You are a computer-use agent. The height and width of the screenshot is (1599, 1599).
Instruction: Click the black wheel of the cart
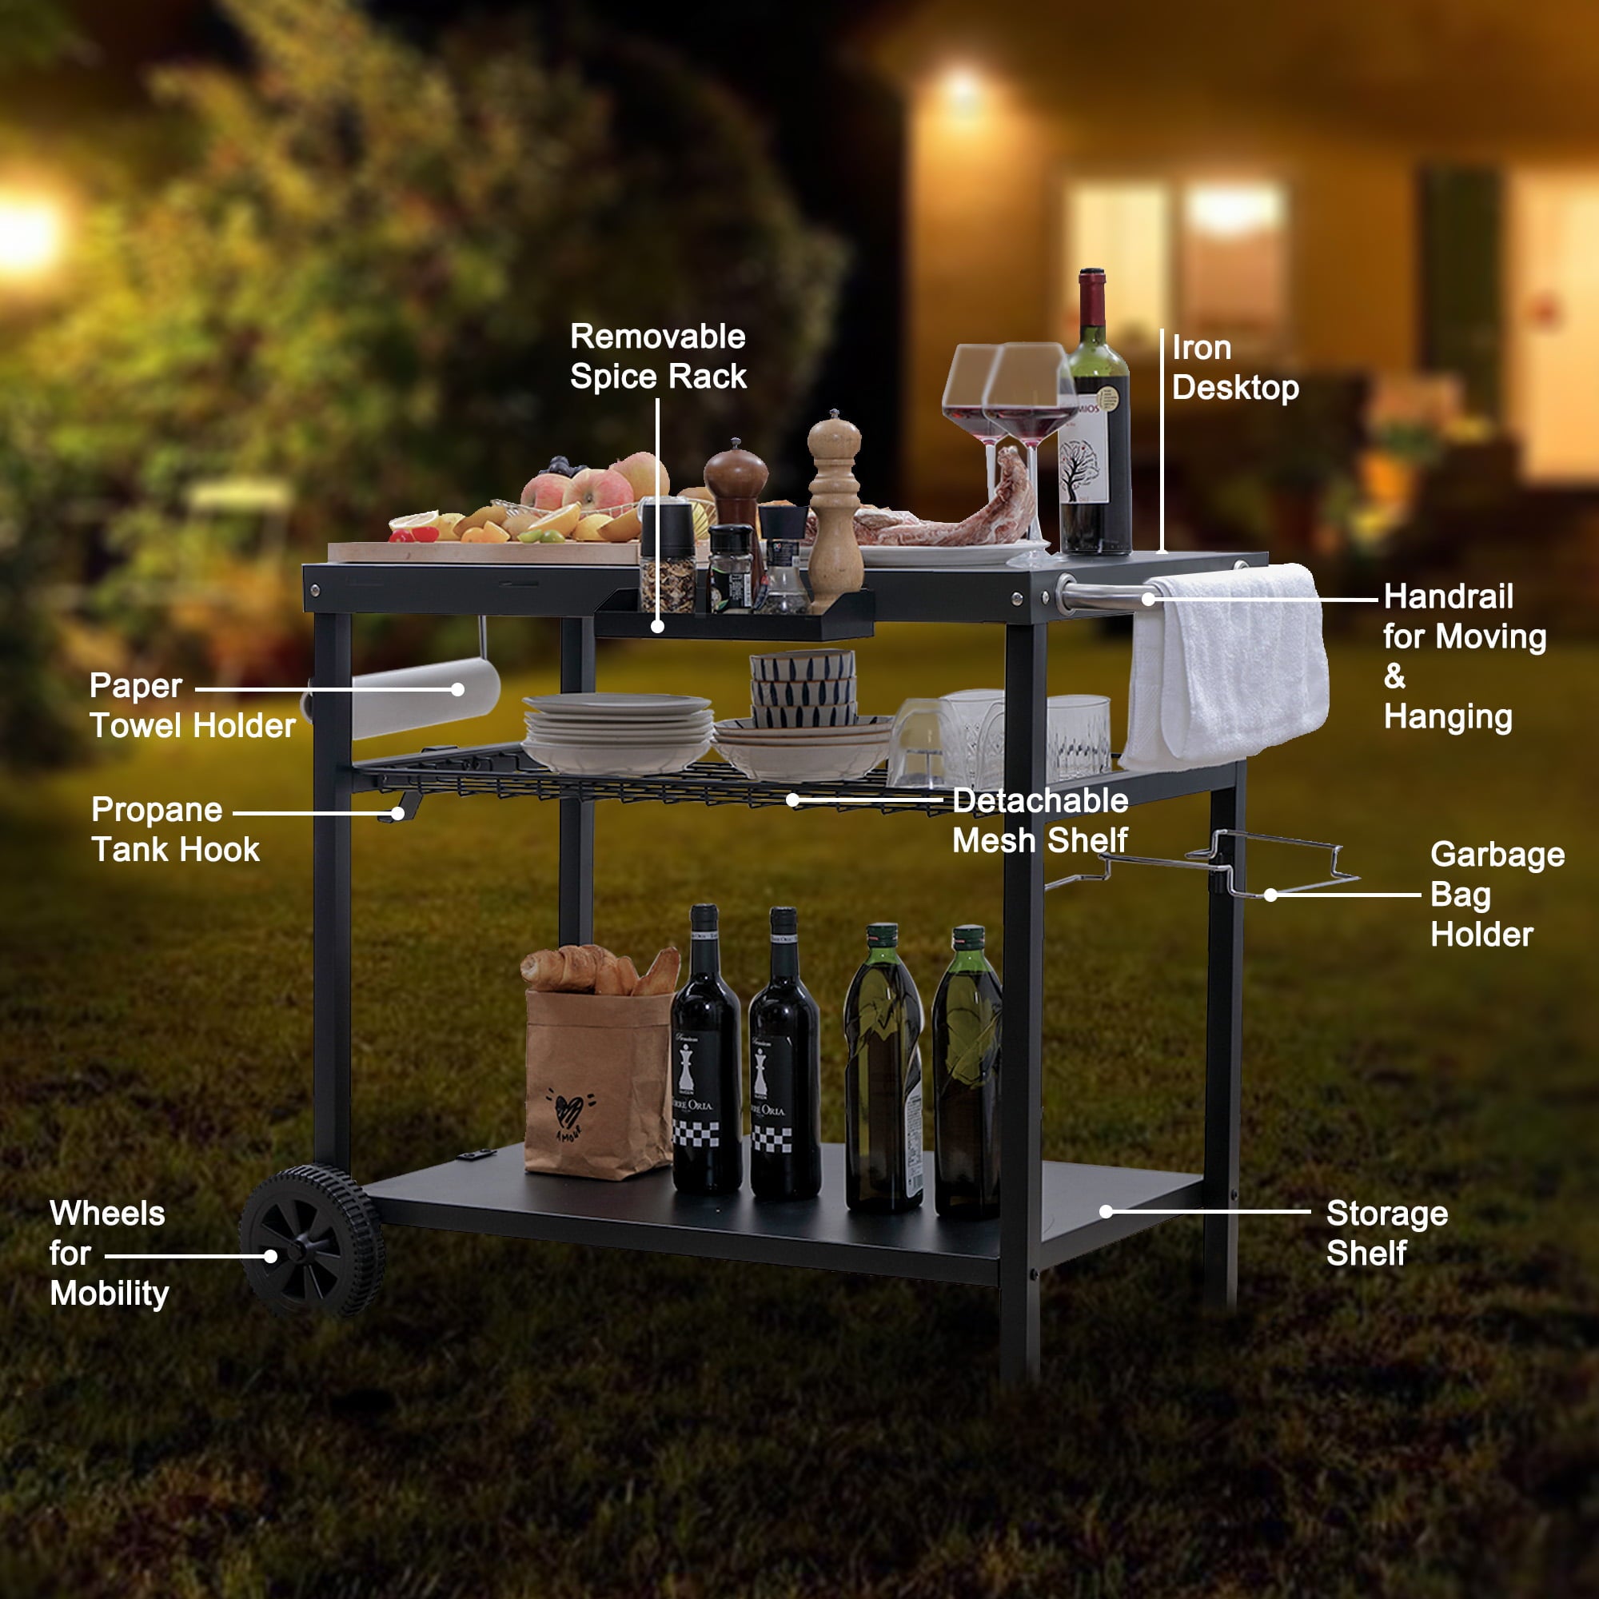(312, 1242)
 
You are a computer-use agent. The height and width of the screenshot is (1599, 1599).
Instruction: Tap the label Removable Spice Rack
(658, 357)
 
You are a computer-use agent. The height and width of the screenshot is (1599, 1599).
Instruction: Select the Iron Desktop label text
(1235, 369)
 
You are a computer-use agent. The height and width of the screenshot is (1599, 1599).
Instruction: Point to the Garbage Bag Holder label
(1497, 895)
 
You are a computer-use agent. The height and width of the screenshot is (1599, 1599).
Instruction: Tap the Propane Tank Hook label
(174, 829)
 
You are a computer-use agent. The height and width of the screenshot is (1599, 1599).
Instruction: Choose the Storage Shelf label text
(1387, 1233)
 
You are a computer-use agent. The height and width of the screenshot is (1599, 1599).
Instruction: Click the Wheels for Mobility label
(109, 1253)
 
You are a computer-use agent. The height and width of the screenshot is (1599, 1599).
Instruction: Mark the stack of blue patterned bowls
(803, 687)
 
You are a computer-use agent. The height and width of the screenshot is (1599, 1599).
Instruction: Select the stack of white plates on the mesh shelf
(617, 732)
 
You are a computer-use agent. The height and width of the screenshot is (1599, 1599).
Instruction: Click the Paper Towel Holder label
(192, 705)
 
